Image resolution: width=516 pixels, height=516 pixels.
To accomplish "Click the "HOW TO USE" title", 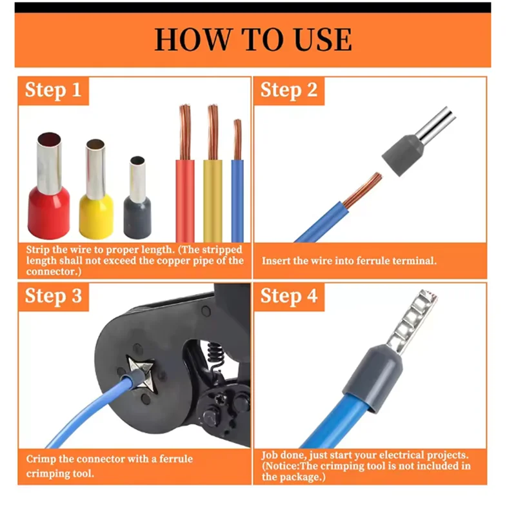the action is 253,39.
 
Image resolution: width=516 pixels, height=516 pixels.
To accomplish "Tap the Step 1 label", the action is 54,90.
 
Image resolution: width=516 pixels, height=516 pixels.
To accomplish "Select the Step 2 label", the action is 289,90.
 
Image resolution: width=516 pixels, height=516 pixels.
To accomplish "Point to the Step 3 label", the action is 54,296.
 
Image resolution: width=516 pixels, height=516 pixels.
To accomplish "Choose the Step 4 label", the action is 289,296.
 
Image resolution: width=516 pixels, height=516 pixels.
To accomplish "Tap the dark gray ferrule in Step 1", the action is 137,197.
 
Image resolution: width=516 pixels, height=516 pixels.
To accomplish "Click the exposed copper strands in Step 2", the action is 362,190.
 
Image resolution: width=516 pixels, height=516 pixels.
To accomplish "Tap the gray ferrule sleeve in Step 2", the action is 403,154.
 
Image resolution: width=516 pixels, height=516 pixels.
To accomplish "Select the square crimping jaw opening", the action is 141,374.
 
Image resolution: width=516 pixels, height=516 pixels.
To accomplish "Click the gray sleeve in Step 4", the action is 372,378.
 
